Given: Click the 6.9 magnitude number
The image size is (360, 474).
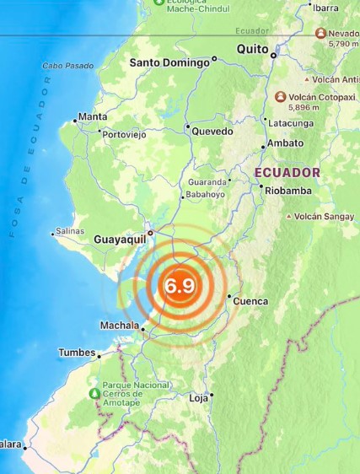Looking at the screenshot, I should coord(180,285).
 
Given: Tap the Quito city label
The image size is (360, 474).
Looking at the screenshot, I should coord(252,49).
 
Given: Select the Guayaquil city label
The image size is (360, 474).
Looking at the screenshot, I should coord(120,240).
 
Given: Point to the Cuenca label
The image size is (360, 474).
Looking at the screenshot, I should coord(250,301).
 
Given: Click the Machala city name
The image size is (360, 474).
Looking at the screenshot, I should coord(119,325).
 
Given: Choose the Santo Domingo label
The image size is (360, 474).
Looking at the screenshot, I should coord(169,62).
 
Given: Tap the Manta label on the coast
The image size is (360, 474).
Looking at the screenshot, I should coord(92,116).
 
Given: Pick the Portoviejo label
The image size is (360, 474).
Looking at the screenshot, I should coord(125,134).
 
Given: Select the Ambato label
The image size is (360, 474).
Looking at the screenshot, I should coord(286,143).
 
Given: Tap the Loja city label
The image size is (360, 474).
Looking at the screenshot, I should coord(198,397).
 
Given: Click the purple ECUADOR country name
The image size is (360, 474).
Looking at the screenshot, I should coord(287,172).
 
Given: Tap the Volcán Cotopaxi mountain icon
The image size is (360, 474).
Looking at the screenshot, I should coord(280,97).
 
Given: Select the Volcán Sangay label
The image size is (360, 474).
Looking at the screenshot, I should coord(324,216).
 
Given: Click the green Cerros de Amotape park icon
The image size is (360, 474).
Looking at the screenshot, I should coord(94,394).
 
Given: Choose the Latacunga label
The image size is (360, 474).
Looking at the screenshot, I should coord(291,123).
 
